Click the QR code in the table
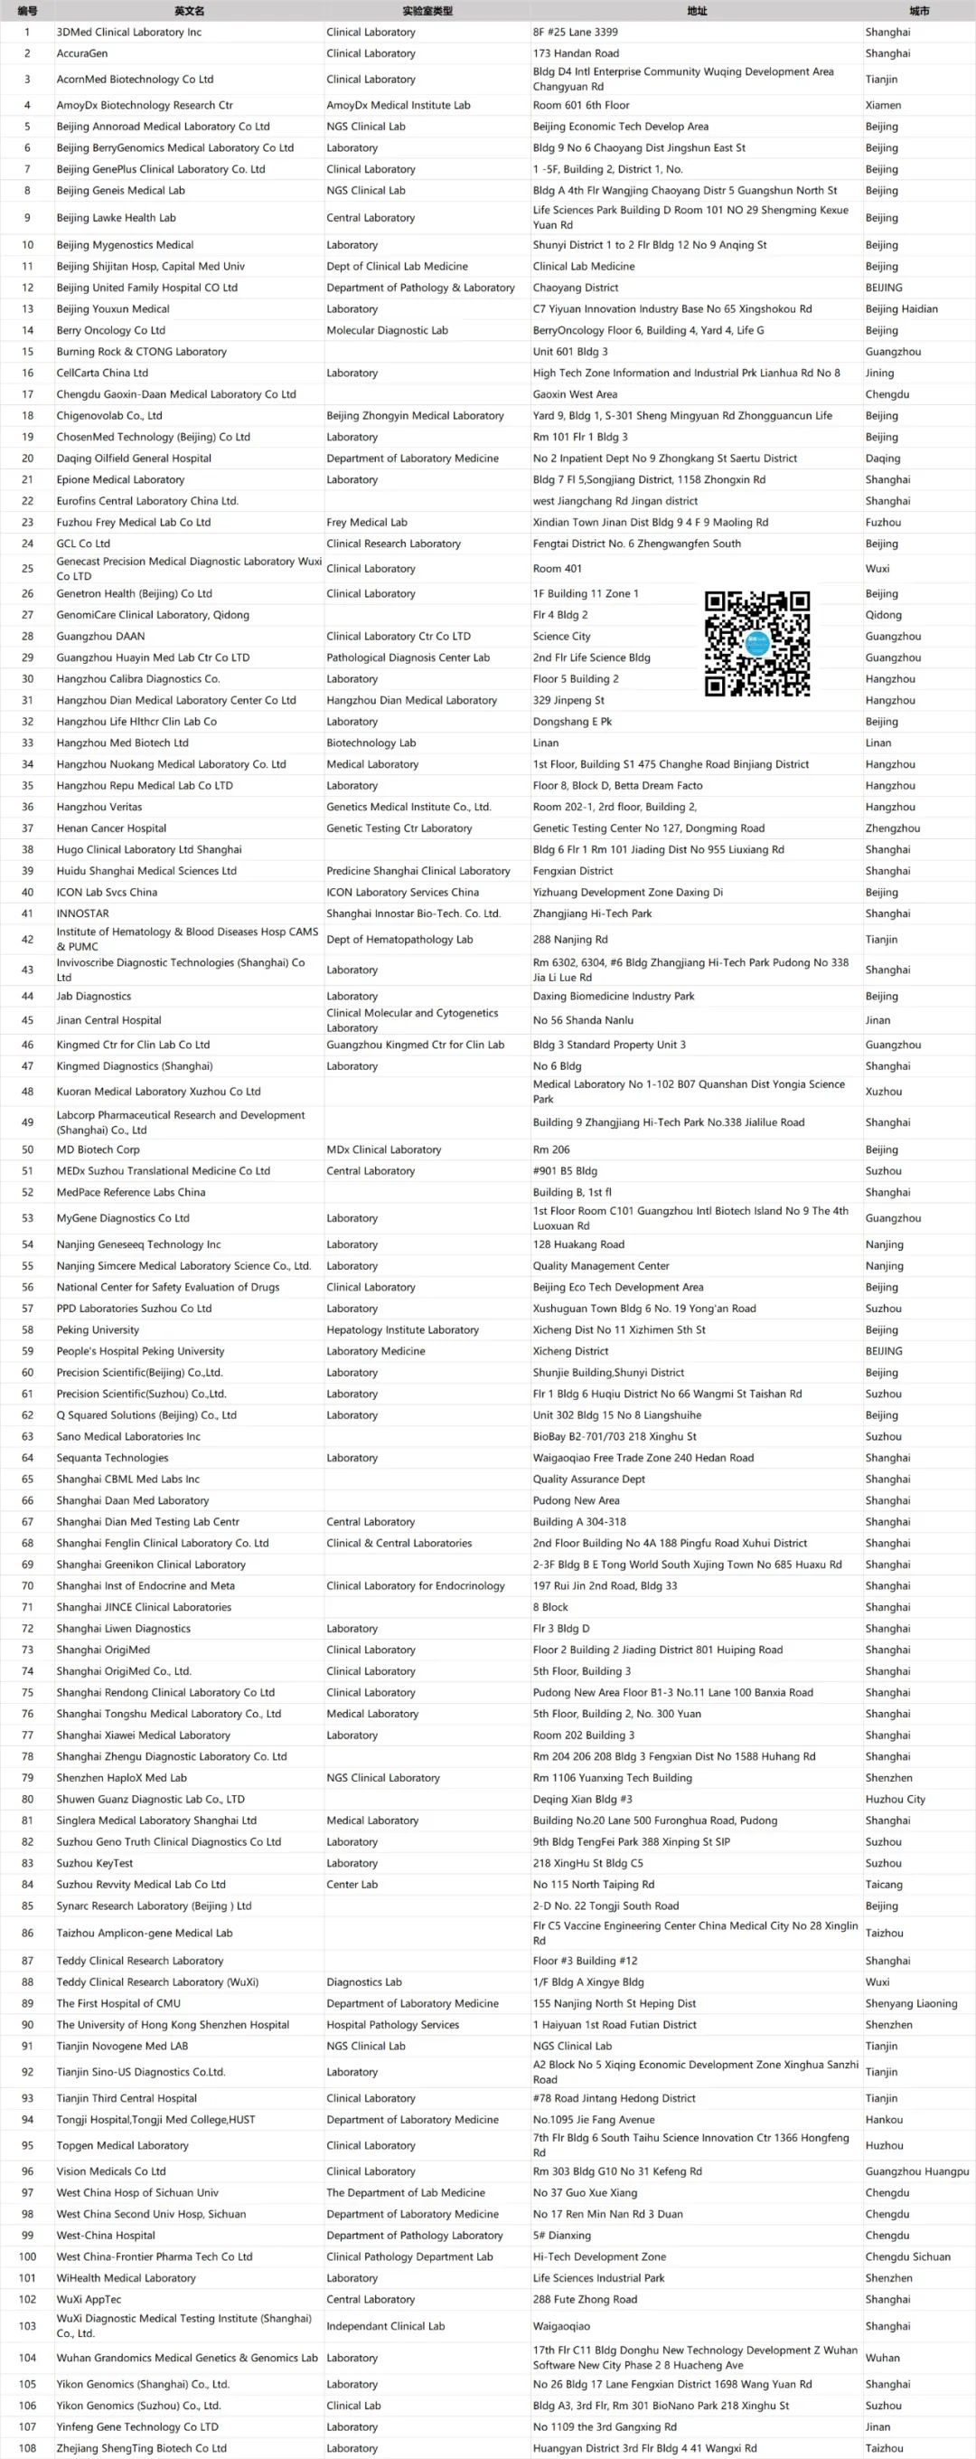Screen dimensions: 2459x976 (756, 643)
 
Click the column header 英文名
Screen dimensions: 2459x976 (189, 12)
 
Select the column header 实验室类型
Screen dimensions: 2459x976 (427, 12)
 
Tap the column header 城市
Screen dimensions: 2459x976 (918, 12)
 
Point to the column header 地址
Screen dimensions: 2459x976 (697, 12)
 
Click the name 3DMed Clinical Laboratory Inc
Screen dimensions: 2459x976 (129, 33)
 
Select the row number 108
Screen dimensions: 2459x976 (27, 2447)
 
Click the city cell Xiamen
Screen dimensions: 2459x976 (883, 105)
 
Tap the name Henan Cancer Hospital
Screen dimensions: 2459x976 (110, 828)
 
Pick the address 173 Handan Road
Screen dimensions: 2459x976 (576, 53)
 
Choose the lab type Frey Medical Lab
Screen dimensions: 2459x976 (366, 522)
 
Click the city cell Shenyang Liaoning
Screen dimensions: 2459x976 (910, 2004)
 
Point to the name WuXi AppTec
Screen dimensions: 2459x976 (89, 2300)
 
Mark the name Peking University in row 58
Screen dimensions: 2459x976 (98, 1329)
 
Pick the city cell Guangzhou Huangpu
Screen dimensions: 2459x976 (915, 2171)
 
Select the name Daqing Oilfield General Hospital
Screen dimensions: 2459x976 (134, 459)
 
